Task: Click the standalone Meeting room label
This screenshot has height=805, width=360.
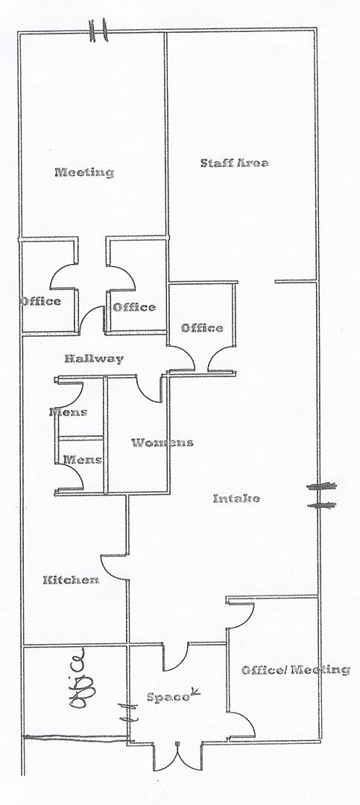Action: [84, 172]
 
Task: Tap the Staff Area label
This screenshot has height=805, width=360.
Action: [234, 162]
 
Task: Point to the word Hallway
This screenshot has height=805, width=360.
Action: [95, 359]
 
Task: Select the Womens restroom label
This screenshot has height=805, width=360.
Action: [162, 443]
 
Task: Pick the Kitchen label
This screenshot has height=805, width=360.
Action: [71, 580]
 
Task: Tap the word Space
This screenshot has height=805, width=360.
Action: [168, 697]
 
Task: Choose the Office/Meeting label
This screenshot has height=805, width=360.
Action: [296, 670]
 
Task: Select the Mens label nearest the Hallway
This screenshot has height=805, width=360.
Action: [69, 411]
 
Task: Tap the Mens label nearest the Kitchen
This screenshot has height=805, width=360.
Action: [83, 459]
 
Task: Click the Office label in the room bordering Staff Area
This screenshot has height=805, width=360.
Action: [202, 327]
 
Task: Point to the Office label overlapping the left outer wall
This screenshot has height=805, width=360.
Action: [40, 301]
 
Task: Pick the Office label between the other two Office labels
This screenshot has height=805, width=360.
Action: [134, 307]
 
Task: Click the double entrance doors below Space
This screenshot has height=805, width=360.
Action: [177, 757]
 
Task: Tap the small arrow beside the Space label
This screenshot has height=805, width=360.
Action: [195, 694]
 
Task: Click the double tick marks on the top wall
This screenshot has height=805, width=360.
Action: [98, 30]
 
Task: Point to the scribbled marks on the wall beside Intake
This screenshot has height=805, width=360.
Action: [322, 496]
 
